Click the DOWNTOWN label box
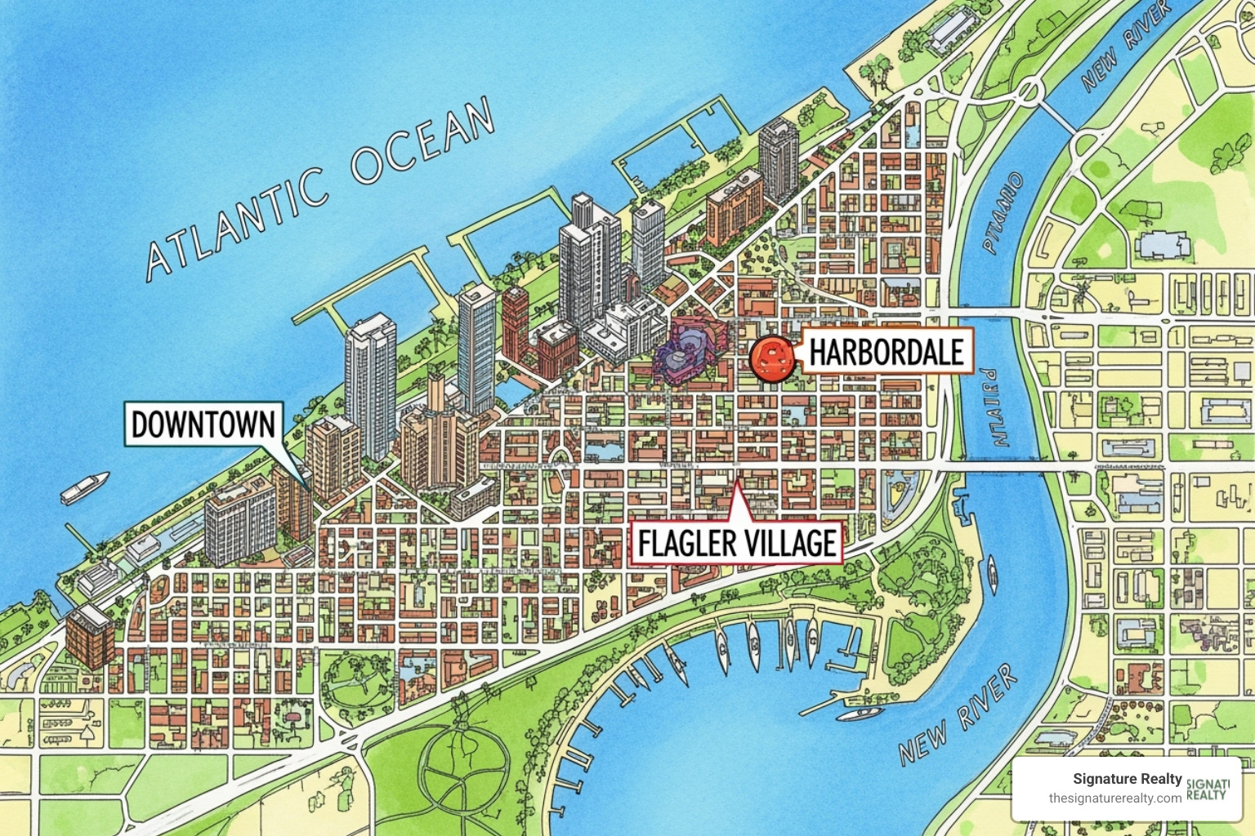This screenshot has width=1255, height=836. [203, 425]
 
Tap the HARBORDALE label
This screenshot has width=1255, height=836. [887, 352]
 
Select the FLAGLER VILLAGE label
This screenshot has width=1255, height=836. [737, 543]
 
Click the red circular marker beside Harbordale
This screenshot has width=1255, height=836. [770, 358]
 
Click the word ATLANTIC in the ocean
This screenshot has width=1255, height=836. [237, 220]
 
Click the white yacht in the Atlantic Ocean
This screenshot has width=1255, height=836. [84, 487]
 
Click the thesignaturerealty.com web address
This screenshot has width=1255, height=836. [1114, 798]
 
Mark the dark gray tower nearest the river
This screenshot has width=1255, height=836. [778, 159]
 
